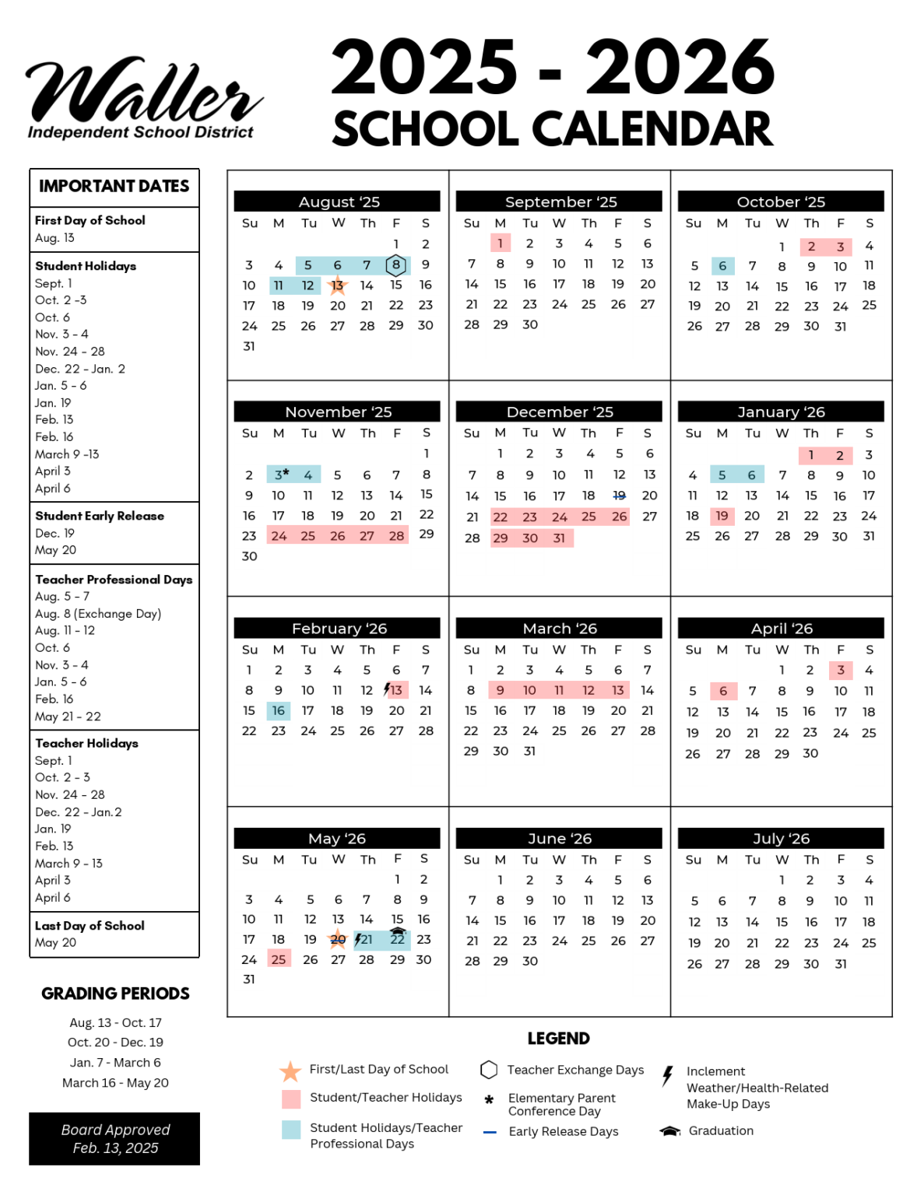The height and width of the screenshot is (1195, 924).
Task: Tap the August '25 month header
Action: pyautogui.click(x=337, y=202)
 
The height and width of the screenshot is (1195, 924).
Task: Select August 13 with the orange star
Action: pyautogui.click(x=337, y=286)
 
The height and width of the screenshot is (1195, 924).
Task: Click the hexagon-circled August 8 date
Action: pyautogui.click(x=396, y=265)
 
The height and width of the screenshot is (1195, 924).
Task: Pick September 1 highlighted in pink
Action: pyautogui.click(x=500, y=244)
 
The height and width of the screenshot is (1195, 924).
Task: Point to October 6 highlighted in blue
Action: pyautogui.click(x=722, y=266)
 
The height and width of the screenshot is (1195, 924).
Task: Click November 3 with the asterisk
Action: pyautogui.click(x=279, y=475)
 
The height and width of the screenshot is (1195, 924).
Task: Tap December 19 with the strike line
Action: pyautogui.click(x=619, y=496)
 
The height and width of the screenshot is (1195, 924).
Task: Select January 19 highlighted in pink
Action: pyautogui.click(x=722, y=516)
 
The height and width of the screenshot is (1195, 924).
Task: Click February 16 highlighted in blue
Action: pyautogui.click(x=278, y=710)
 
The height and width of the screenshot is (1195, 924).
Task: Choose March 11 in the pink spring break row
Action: pyautogui.click(x=559, y=690)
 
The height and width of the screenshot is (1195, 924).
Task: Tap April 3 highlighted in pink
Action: pyautogui.click(x=840, y=670)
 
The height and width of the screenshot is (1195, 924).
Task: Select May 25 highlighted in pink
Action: pyautogui.click(x=279, y=959)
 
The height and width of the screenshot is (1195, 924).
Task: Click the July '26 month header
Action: pyautogui.click(x=781, y=838)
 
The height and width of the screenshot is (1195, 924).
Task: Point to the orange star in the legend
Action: pyautogui.click(x=290, y=1071)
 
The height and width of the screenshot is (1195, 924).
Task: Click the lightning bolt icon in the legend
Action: pyautogui.click(x=667, y=1076)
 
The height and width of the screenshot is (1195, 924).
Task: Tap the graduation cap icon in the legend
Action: pyautogui.click(x=670, y=1130)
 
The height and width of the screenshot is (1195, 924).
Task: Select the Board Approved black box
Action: pyautogui.click(x=114, y=1138)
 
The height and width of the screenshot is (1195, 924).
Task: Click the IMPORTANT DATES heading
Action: pyautogui.click(x=114, y=187)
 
